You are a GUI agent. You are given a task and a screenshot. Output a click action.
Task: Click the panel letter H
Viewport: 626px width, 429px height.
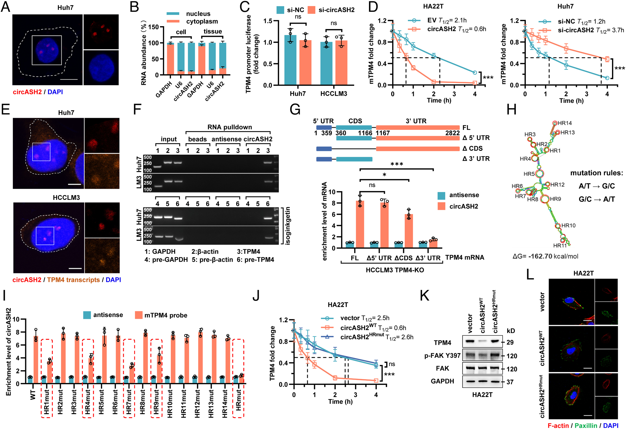click(x=511, y=110)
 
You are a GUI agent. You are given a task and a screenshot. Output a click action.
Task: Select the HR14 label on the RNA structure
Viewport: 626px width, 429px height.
click(x=565, y=123)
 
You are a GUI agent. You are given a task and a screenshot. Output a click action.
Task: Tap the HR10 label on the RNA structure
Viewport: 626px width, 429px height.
click(x=568, y=226)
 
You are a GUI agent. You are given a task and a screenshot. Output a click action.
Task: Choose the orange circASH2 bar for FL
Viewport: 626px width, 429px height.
click(x=360, y=224)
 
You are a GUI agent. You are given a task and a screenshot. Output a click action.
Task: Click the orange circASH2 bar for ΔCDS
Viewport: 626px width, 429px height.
click(x=408, y=231)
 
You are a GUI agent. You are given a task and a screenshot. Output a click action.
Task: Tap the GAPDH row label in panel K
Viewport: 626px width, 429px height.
click(x=442, y=381)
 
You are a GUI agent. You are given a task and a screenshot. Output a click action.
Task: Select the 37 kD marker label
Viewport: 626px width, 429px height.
click(x=510, y=382)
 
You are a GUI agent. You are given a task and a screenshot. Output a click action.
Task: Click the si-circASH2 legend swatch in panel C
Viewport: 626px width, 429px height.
click(x=311, y=10)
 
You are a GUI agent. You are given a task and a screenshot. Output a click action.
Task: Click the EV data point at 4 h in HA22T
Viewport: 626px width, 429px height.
click(x=475, y=73)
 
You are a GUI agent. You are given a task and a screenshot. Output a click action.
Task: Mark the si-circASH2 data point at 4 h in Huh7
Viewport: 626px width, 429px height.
click(x=607, y=59)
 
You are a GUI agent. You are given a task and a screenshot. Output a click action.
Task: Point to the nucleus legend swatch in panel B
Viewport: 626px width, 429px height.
click(x=173, y=14)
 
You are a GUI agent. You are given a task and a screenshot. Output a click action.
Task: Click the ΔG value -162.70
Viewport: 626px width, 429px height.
click(x=540, y=256)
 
